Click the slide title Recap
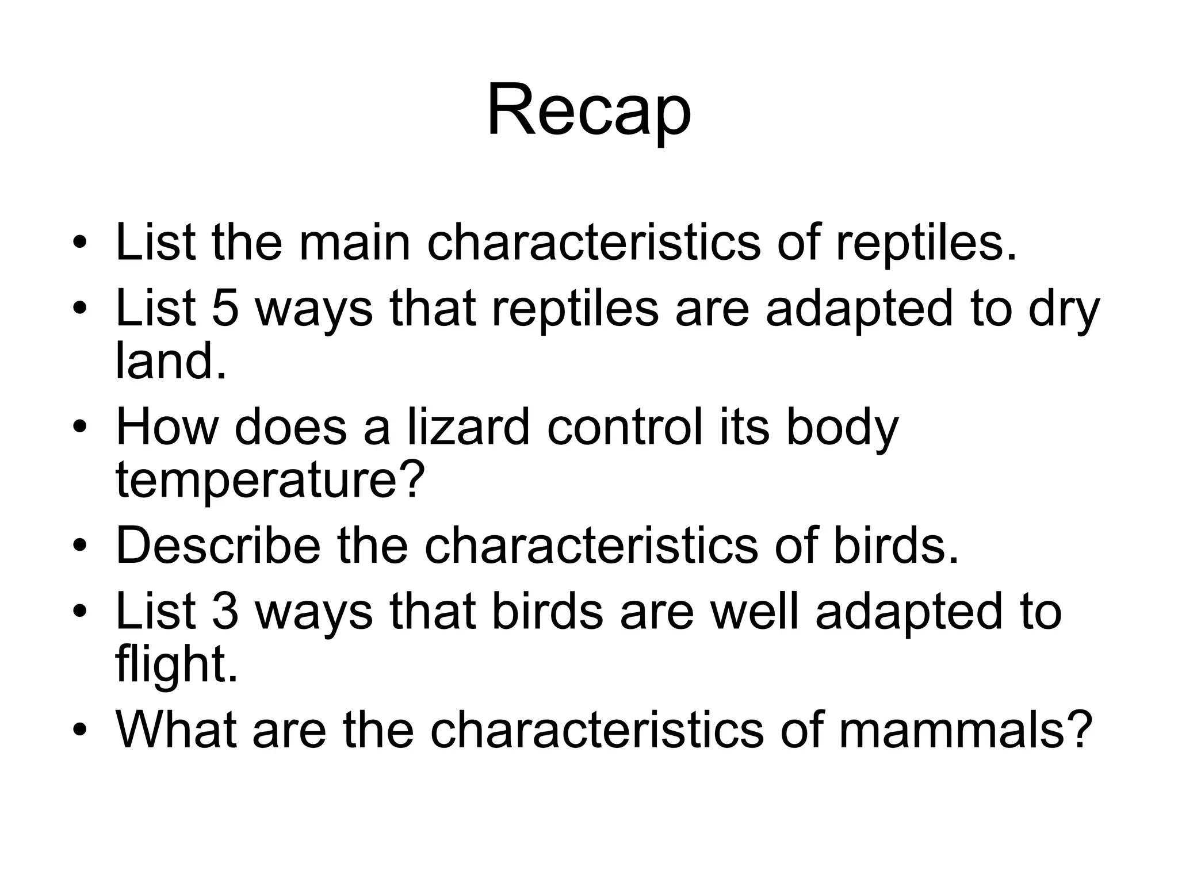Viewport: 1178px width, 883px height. point(588,110)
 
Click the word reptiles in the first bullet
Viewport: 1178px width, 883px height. point(926,243)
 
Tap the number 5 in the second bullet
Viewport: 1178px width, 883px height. point(225,309)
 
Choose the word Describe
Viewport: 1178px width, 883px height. point(218,546)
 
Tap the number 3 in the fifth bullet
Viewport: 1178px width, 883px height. point(225,611)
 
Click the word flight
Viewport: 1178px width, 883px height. point(177,665)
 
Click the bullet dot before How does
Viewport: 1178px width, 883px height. point(80,428)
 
